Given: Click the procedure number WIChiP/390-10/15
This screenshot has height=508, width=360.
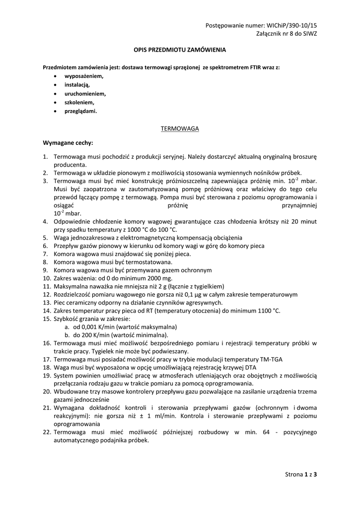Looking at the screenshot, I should (292, 25).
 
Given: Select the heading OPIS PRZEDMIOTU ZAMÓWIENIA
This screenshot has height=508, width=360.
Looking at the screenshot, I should (180, 50).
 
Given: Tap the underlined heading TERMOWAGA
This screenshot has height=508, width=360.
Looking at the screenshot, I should (180, 128).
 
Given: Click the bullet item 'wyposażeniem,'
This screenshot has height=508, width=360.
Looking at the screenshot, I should (84, 76).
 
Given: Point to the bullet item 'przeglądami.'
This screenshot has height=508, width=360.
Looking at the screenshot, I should (81, 111).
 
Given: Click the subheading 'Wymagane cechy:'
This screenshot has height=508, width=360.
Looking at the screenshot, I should (68, 142).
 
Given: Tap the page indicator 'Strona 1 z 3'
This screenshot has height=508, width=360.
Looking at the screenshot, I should (301, 474).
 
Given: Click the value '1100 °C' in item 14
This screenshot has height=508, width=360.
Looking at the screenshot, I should (270, 311).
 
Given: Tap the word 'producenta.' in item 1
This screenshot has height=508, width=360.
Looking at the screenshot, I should (70, 165).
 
